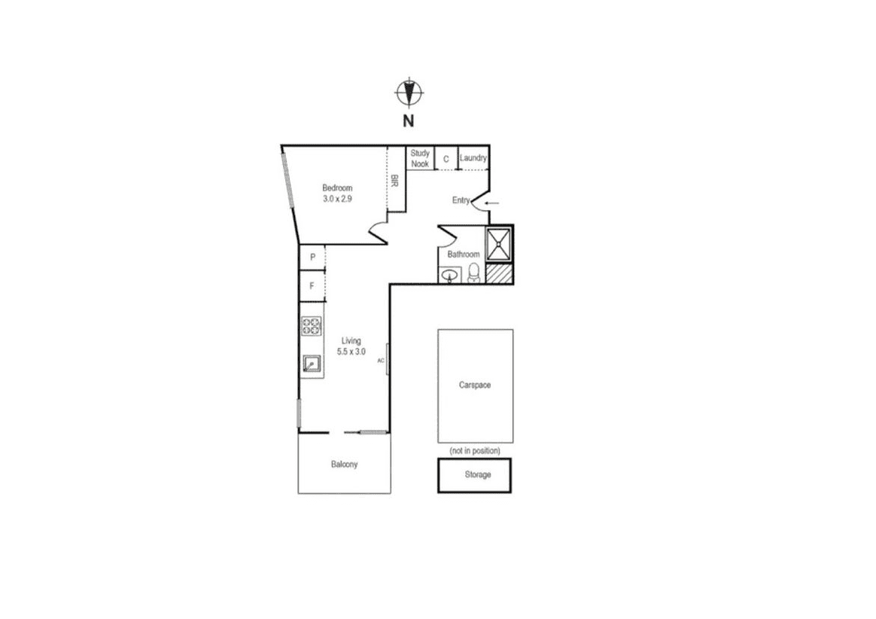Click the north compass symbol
[x=409, y=93]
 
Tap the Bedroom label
[x=337, y=188]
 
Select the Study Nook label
[x=420, y=158]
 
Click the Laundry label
[x=473, y=158]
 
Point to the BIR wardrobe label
[x=394, y=181]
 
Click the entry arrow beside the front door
[x=491, y=203]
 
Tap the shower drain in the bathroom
[x=498, y=244]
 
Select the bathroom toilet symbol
[x=474, y=273]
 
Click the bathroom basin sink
[x=450, y=276]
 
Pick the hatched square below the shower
[x=498, y=273]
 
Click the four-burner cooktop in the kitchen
[x=312, y=326]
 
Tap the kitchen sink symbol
[x=312, y=364]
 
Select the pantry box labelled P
[x=312, y=258]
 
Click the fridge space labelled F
[x=312, y=286]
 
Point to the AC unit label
[x=381, y=361]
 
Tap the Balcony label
[x=344, y=464]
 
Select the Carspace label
[x=475, y=385]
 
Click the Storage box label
[x=478, y=474]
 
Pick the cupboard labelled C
[x=446, y=160]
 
